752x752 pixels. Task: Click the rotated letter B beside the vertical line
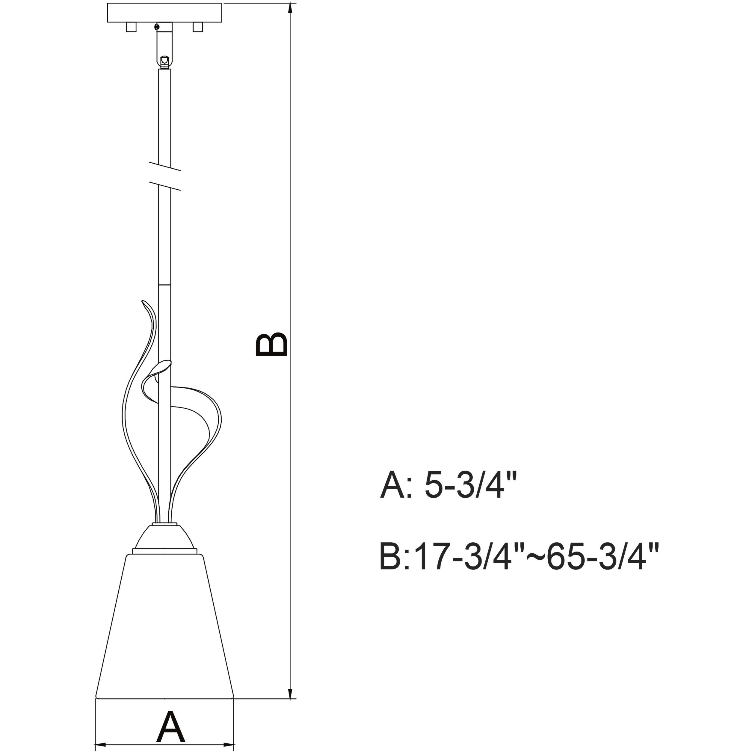(271, 345)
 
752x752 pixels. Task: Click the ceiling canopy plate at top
(165, 13)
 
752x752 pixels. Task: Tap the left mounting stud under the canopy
(131, 27)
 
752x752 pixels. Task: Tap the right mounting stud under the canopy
(198, 27)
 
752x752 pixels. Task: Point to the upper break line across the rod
(165, 167)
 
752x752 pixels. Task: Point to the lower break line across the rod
(165, 186)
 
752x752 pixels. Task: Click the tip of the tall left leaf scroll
(144, 301)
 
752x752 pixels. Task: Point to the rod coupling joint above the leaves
(165, 285)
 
